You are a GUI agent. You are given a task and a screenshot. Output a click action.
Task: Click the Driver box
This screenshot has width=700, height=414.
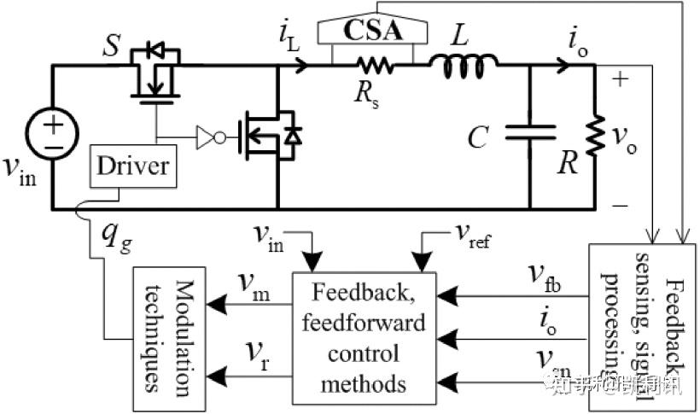pos(135,166)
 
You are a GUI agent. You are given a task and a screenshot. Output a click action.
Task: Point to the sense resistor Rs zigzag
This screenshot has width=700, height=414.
pos(372,63)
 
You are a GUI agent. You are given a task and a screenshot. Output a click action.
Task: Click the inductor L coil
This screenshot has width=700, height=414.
pos(462,63)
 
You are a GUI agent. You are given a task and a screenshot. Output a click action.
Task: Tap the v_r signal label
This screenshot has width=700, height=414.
pos(248,356)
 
